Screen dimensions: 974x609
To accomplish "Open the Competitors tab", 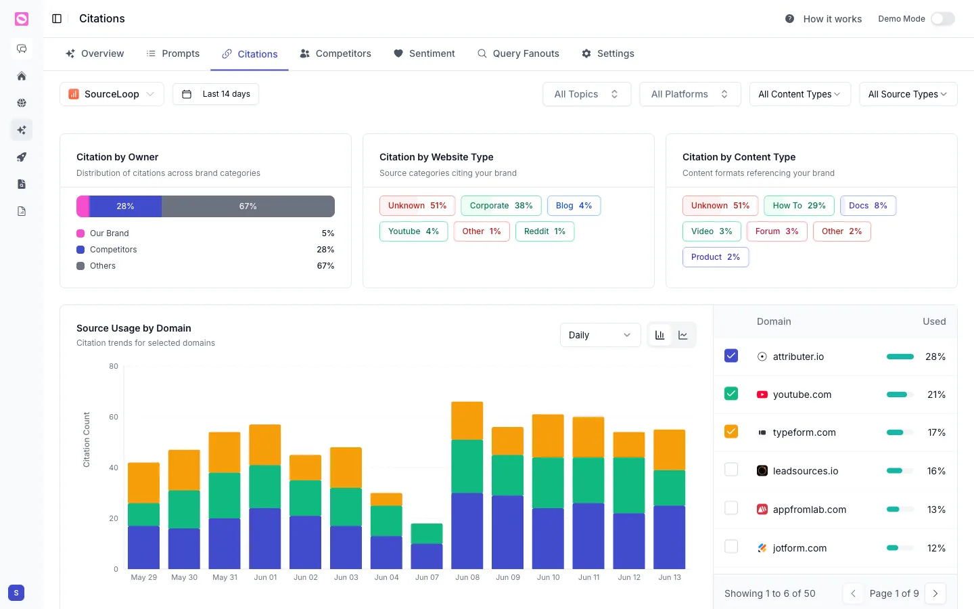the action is pos(335,53).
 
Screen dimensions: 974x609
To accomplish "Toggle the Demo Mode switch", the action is pos(943,19).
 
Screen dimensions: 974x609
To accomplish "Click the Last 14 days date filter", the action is pos(216,94).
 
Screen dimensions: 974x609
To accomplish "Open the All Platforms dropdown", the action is pos(690,94).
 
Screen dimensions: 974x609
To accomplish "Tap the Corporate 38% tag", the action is pos(501,206).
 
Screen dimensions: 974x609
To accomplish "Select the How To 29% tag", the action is pos(799,206).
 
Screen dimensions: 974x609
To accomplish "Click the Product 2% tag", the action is pos(716,257).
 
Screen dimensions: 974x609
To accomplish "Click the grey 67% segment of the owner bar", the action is pos(248,206).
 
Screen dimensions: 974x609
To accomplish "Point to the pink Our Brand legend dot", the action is pos(80,233).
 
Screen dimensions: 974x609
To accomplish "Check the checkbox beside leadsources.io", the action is pos(731,470).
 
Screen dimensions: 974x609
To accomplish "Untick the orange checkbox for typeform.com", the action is pos(731,432).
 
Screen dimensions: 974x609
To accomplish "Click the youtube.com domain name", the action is pos(802,394).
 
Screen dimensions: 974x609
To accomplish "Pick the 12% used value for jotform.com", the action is pos(936,548).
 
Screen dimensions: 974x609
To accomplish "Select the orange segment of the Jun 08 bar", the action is pos(467,421).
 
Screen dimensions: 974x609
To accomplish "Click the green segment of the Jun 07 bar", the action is pos(427,533).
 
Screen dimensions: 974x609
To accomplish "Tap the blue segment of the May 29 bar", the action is pos(143,547).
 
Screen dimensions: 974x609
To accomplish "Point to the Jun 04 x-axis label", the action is pos(387,577).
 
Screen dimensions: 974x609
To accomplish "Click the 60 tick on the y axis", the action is pos(114,417).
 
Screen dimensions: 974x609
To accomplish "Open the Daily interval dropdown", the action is pos(600,335).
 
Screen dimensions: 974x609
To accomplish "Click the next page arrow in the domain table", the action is pos(935,593).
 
